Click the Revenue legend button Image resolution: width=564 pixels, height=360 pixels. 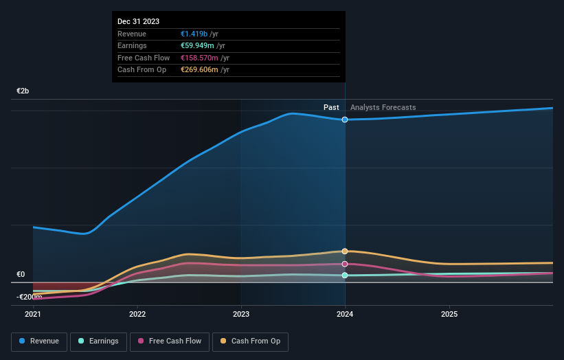39,341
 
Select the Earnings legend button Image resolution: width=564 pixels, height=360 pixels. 98,341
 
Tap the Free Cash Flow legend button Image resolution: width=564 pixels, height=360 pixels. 170,341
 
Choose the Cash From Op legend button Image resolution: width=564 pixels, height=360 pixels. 251,341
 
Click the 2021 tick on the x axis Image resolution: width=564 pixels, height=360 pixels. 33,315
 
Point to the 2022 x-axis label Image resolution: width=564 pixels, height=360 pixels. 137,315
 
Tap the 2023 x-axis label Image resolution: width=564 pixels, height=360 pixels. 241,315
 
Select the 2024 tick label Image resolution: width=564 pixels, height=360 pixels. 345,315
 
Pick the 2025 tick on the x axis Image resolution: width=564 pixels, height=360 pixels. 449,315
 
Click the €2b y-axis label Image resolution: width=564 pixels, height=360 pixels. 23,91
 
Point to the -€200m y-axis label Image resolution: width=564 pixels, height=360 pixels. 28,297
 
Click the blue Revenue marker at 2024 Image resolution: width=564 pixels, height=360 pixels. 345,120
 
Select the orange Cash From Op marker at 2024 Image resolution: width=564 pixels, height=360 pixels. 345,251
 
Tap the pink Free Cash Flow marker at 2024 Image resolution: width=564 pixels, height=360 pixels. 345,264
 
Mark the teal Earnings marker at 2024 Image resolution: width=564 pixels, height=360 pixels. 345,275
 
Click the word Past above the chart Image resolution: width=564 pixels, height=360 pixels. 332,108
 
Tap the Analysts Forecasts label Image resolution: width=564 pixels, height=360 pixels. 383,108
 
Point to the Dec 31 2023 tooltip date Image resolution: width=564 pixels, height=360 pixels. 139,21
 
